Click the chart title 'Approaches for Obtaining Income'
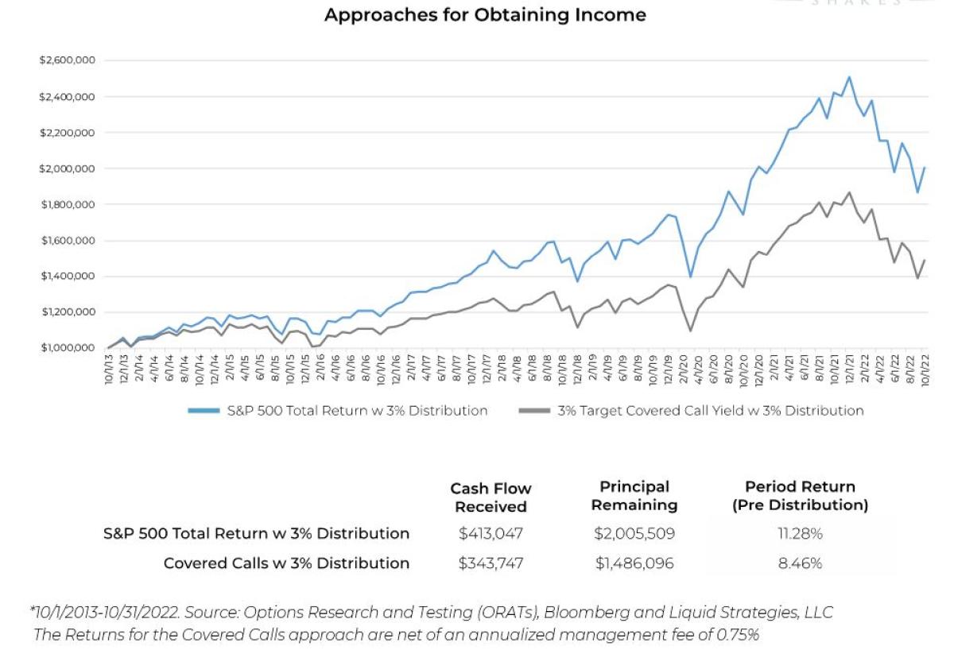pyautogui.click(x=485, y=15)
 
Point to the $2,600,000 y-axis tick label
pyautogui.click(x=65, y=60)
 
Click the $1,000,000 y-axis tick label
pyautogui.click(x=65, y=348)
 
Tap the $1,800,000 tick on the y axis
pyautogui.click(x=65, y=204)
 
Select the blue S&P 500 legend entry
pyautogui.click(x=337, y=411)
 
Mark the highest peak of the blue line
pyautogui.click(x=850, y=77)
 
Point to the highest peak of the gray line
pyautogui.click(x=850, y=192)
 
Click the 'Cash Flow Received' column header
pyautogui.click(x=491, y=497)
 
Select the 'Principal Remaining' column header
pyautogui.click(x=634, y=496)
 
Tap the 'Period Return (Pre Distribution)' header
pyautogui.click(x=800, y=496)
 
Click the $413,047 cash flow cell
pyautogui.click(x=491, y=533)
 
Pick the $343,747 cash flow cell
pyautogui.click(x=491, y=563)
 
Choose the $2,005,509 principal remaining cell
pyautogui.click(x=634, y=533)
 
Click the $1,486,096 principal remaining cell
pyautogui.click(x=634, y=563)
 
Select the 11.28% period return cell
pyautogui.click(x=800, y=533)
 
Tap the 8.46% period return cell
pyautogui.click(x=800, y=563)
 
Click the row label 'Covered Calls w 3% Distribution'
pyautogui.click(x=286, y=563)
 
